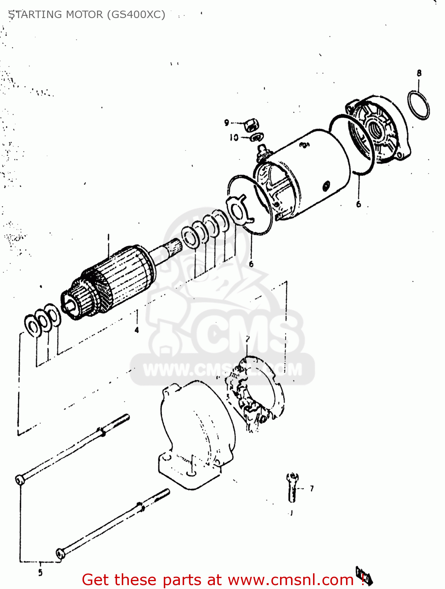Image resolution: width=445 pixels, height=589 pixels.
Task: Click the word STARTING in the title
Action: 35,15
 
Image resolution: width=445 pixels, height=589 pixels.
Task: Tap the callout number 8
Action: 419,73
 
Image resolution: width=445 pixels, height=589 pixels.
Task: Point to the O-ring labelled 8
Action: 419,105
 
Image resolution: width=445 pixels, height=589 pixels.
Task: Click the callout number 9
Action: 227,123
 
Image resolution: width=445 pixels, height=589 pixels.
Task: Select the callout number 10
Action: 234,137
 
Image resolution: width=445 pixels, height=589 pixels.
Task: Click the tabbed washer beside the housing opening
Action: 238,210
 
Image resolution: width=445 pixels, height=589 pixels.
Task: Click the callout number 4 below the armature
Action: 137,330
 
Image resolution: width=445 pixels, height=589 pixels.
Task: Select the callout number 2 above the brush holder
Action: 247,339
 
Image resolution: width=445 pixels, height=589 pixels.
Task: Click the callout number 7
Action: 311,488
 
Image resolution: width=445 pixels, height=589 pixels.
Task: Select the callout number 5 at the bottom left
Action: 40,573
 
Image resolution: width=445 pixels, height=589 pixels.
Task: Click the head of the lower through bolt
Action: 60,552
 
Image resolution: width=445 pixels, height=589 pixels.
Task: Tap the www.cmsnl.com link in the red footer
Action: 291,580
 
